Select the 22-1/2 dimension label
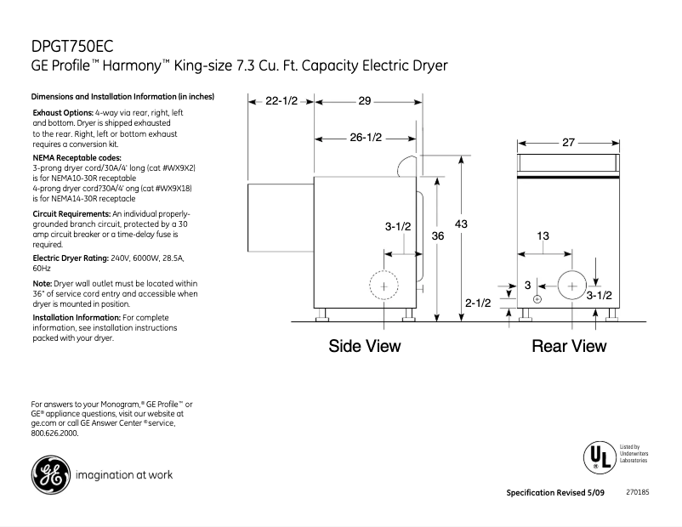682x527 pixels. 281,101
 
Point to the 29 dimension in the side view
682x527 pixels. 364,101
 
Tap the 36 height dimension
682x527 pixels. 438,235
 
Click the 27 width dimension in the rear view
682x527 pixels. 570,144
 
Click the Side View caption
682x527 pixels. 365,346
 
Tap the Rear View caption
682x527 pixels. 569,346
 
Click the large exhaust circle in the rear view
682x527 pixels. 571,286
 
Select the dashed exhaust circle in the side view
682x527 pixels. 384,286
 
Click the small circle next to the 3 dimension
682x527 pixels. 537,299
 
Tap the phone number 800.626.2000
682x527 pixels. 55,433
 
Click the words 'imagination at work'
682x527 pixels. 124,475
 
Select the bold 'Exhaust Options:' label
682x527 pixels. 63,113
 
